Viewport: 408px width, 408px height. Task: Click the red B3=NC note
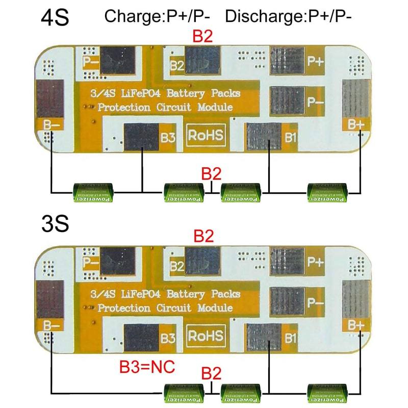(147, 368)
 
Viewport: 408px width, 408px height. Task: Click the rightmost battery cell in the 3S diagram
(327, 393)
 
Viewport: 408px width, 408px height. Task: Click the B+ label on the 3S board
(355, 324)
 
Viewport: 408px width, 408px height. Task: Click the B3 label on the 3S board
(169, 337)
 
